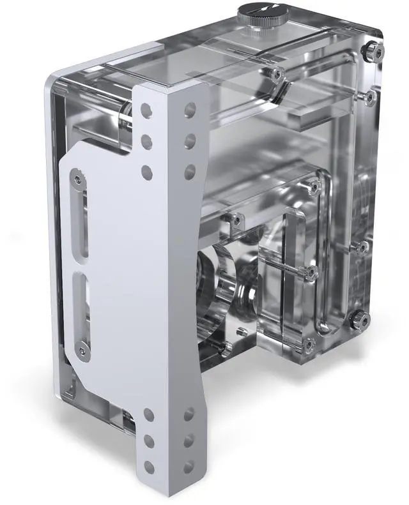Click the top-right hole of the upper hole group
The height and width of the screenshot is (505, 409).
coord(190,109)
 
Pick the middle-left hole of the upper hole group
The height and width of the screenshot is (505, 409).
coord(147,140)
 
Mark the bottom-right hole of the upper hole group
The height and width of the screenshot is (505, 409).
coord(190,170)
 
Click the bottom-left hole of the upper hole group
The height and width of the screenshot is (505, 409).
coord(147,171)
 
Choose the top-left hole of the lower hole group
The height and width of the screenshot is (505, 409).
coord(148,415)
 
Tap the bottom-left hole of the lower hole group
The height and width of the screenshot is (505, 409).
coord(149,467)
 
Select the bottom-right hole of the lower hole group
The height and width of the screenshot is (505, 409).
coord(189,465)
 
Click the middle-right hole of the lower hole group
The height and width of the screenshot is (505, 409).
coord(189,440)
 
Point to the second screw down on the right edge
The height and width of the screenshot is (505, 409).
coord(369,96)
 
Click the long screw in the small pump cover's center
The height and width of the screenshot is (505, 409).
coord(311,272)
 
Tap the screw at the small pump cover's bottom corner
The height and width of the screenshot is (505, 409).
coord(309,345)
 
